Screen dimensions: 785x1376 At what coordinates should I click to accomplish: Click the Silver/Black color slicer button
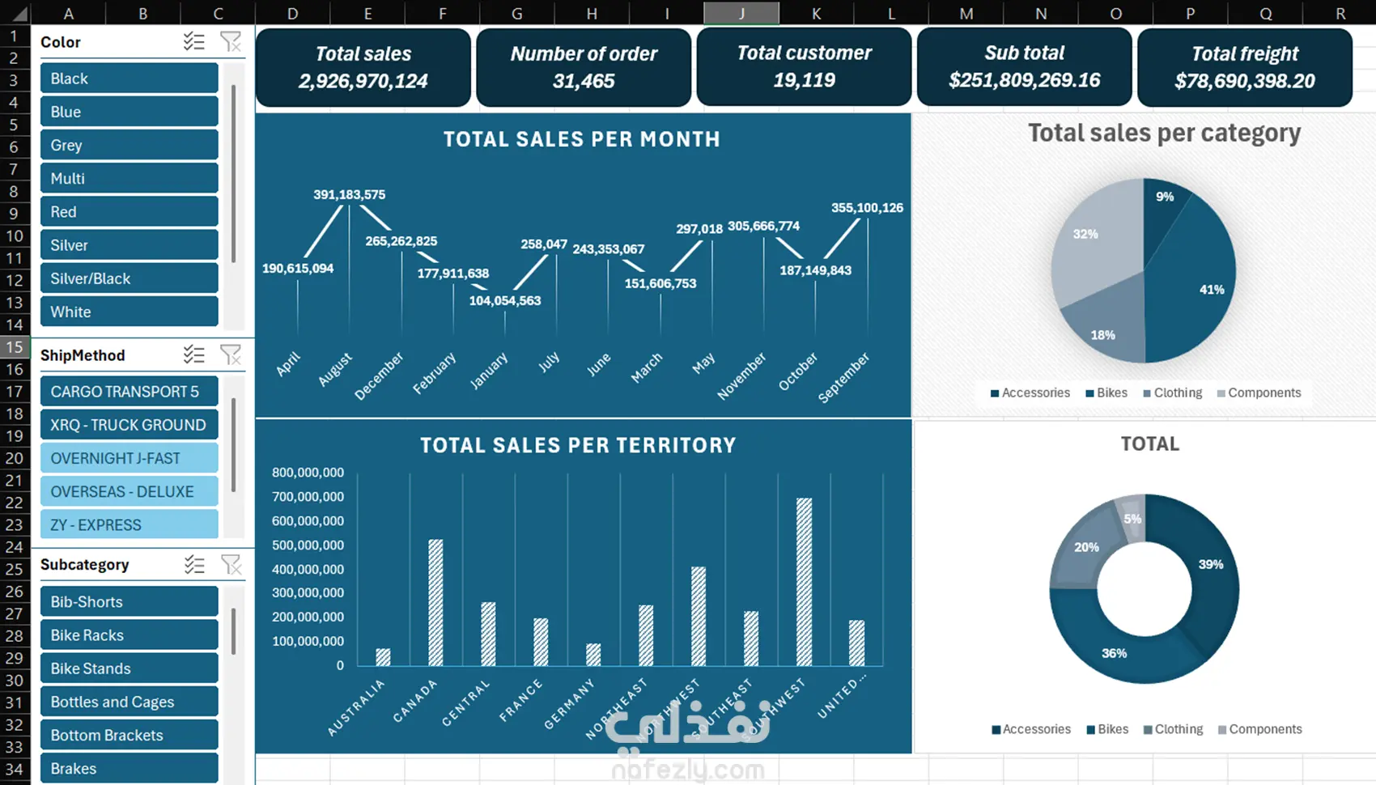[129, 278]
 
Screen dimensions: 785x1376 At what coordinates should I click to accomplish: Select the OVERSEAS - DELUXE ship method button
[129, 491]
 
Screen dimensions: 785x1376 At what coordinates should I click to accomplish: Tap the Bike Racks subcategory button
[129, 635]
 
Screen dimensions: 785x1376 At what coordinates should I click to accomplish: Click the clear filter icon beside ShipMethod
[231, 354]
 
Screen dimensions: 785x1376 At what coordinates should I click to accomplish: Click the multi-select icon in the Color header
[193, 41]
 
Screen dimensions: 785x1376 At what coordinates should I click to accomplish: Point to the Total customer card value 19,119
[804, 80]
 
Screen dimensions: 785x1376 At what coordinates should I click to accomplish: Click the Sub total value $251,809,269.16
[1024, 80]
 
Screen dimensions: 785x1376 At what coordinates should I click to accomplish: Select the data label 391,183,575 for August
[349, 195]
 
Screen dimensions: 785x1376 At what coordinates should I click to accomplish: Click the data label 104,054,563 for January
[505, 301]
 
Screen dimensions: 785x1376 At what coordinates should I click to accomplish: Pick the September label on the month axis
[843, 377]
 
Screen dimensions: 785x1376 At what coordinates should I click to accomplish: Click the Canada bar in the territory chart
[435, 602]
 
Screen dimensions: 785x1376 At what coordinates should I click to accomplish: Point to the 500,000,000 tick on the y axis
[308, 545]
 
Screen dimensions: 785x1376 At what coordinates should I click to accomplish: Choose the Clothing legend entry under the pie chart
[1173, 392]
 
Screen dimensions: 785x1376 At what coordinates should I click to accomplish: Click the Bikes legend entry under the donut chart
[1107, 729]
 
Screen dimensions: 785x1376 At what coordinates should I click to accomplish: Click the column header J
[741, 13]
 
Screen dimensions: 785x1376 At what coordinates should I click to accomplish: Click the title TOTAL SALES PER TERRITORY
[578, 445]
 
